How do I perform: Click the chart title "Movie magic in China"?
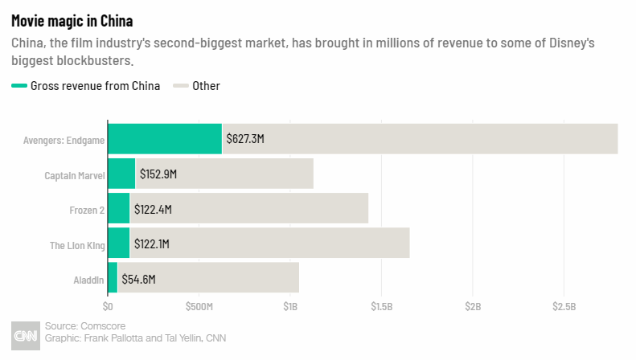click(72, 20)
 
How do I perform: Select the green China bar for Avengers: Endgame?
click(164, 138)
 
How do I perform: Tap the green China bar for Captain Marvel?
click(121, 174)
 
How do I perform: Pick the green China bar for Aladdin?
click(113, 278)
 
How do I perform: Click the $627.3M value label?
click(245, 139)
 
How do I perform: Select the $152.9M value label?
click(158, 174)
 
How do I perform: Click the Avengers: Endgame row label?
click(64, 139)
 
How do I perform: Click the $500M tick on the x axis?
click(199, 307)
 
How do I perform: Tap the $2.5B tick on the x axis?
click(564, 307)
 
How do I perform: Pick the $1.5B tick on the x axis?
click(381, 307)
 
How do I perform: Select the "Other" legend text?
click(206, 86)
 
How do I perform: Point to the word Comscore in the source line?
click(103, 326)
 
